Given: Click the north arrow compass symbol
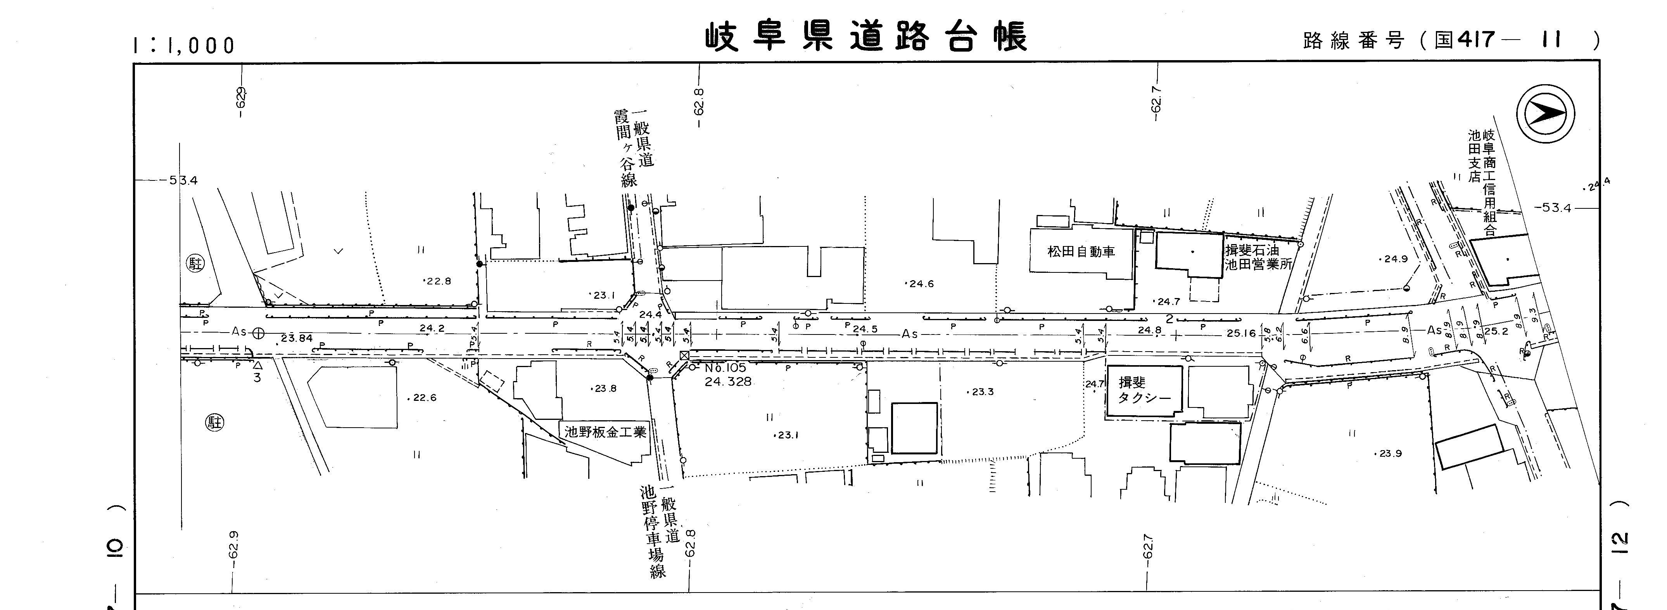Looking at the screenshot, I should coord(1545,114).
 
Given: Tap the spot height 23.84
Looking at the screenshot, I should coord(296,338).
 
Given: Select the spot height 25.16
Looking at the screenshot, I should coord(1240,333).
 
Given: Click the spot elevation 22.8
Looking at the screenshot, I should coord(437,281).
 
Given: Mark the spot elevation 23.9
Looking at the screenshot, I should coord(1389,453).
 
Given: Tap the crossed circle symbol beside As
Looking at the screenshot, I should coord(258,333).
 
